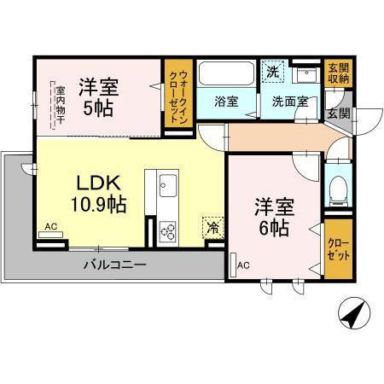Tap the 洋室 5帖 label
pyautogui.click(x=100, y=97)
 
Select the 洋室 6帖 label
pyautogui.click(x=272, y=218)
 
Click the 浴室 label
pyautogui.click(x=226, y=101)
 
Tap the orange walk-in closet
pyautogui.click(x=179, y=97)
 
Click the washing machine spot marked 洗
pyautogui.click(x=271, y=72)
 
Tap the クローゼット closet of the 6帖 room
pyautogui.click(x=336, y=253)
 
